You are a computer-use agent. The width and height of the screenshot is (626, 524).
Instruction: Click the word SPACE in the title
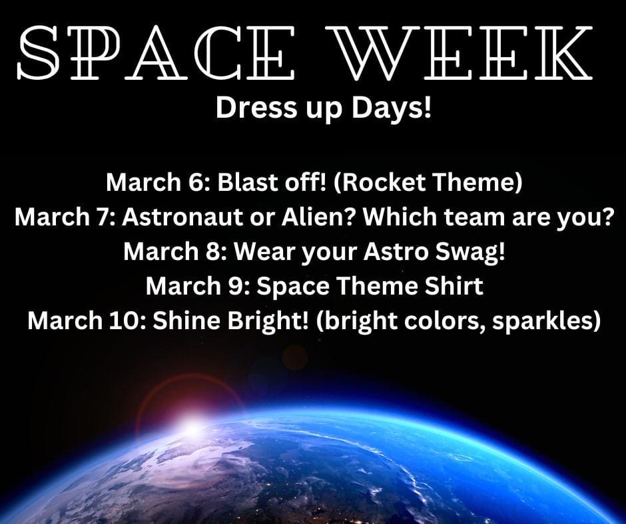click(156, 53)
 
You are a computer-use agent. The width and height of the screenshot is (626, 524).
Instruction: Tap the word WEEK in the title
click(460, 53)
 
